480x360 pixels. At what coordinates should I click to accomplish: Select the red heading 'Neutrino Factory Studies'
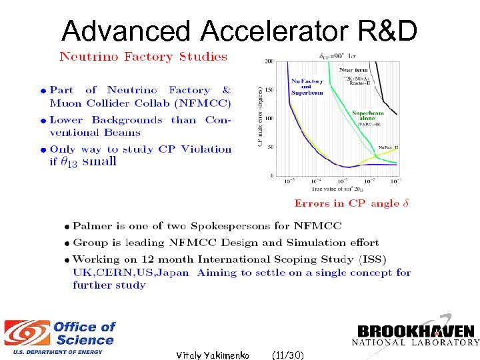pyautogui.click(x=143, y=57)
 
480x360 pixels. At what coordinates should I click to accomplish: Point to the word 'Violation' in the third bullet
pyautogui.click(x=207, y=149)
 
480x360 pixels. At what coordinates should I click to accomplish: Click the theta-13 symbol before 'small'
pyautogui.click(x=68, y=162)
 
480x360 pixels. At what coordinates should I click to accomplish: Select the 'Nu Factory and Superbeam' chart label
pyautogui.click(x=307, y=87)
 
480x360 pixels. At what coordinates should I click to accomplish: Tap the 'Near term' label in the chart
pyautogui.click(x=354, y=69)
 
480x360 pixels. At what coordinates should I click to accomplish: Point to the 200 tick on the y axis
pyautogui.click(x=269, y=61)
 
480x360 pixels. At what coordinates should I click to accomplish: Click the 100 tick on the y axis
pyautogui.click(x=269, y=119)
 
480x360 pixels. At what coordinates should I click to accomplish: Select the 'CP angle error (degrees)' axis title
pyautogui.click(x=260, y=120)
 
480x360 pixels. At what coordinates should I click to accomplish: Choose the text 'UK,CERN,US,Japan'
pyautogui.click(x=131, y=272)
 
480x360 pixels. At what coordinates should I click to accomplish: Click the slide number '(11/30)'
pyautogui.click(x=288, y=355)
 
